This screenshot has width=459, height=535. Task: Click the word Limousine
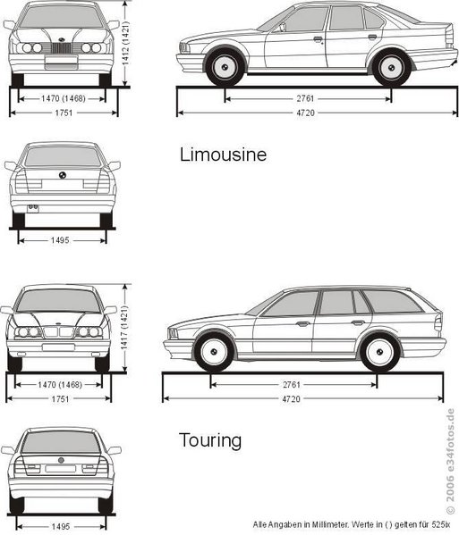(223, 155)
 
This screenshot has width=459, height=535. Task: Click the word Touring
(210, 440)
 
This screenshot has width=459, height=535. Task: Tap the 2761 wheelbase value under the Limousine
(305, 98)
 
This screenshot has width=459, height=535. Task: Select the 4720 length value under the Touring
(291, 399)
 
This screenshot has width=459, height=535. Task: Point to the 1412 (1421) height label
(125, 44)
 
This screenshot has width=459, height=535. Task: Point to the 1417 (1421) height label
(124, 328)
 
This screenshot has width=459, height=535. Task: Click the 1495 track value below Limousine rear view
(60, 240)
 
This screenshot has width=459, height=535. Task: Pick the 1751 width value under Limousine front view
(64, 113)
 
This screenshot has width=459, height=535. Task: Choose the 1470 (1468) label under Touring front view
(60, 385)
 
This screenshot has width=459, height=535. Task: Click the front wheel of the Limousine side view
(225, 67)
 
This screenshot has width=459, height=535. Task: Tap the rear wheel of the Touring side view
(379, 352)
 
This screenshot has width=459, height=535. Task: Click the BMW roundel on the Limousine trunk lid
(63, 175)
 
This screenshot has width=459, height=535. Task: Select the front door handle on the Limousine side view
(318, 38)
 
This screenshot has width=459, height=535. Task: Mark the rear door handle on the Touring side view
(358, 322)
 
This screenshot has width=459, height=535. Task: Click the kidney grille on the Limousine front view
(62, 48)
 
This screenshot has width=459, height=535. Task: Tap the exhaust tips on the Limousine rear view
(33, 207)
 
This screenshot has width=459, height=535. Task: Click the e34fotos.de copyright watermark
(451, 461)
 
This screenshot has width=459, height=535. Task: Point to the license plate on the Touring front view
(58, 347)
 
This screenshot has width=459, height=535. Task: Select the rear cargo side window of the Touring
(392, 302)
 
